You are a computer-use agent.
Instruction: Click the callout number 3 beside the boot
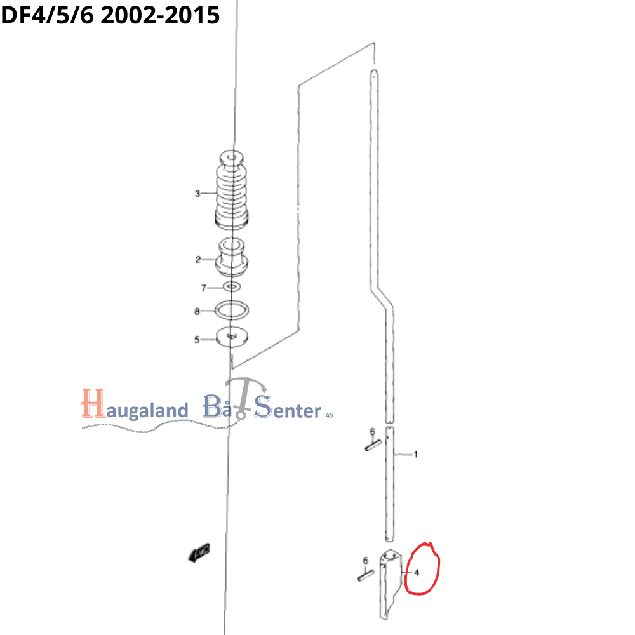point(197,194)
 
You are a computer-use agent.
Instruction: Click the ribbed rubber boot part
point(232,190)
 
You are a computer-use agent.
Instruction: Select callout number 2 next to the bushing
point(197,259)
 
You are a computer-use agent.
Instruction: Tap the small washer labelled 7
point(232,288)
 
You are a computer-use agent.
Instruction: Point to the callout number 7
point(204,288)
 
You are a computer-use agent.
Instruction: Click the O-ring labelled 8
point(232,310)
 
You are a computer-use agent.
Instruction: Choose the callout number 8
point(197,311)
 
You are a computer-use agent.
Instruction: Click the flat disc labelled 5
point(232,337)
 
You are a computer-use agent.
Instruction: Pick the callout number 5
point(197,340)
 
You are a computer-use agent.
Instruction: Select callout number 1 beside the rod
point(415,455)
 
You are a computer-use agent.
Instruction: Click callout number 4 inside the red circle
point(417,572)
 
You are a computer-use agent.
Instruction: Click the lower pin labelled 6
point(364,576)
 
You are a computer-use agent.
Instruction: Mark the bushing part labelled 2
point(232,257)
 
